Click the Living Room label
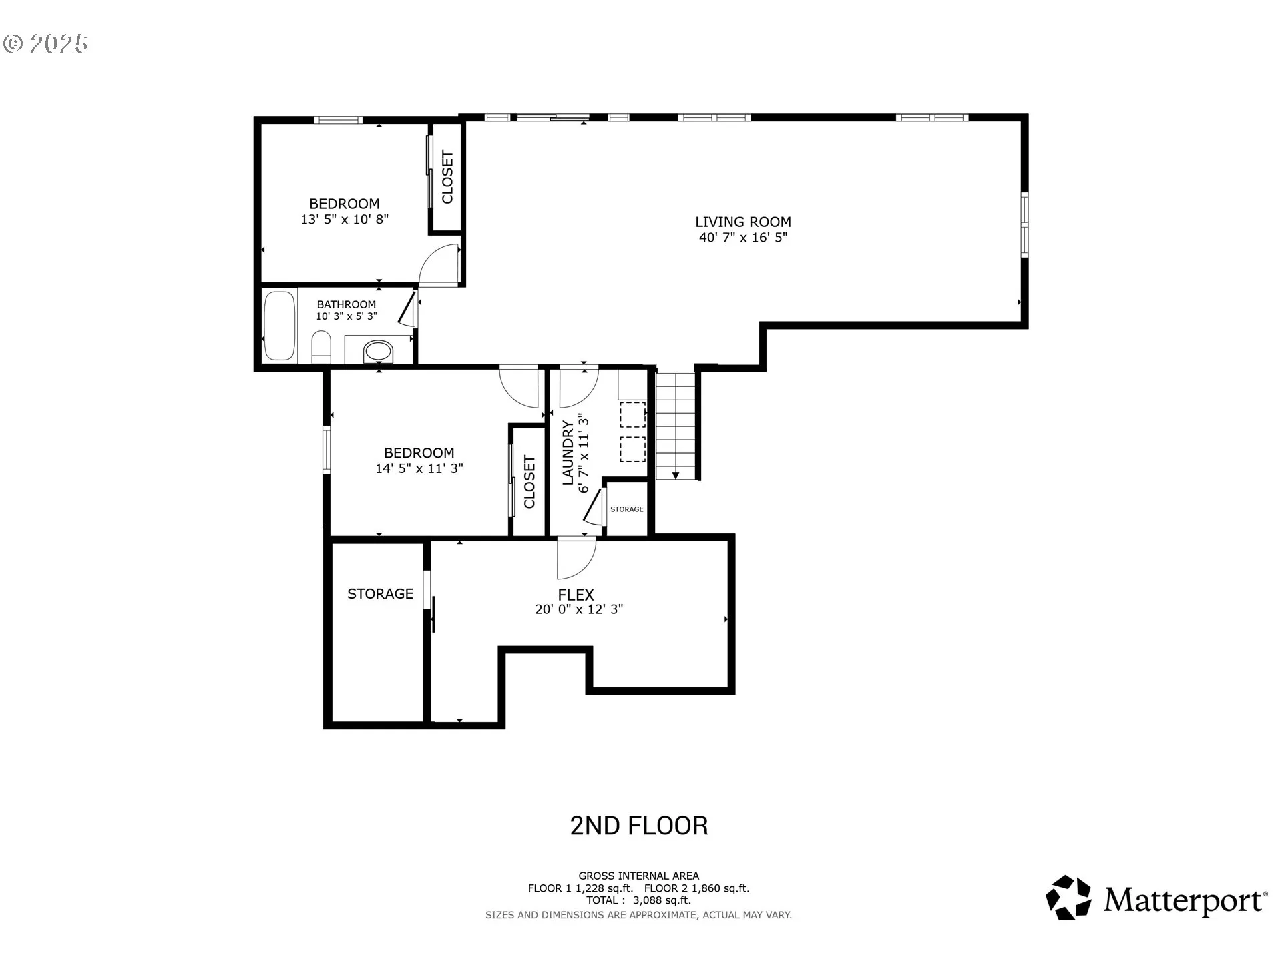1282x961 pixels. (743, 222)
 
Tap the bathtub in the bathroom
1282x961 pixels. (280, 326)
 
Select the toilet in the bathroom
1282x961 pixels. (321, 347)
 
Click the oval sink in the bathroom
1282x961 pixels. (378, 351)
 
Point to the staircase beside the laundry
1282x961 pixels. (676, 425)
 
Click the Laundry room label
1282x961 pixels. (568, 452)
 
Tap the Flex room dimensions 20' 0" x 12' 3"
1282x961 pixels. (579, 609)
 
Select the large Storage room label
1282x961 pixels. (380, 593)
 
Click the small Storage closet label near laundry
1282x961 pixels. (627, 509)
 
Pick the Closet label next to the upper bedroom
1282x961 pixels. (447, 177)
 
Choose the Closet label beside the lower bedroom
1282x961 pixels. (529, 482)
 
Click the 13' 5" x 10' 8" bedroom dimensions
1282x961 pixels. (345, 219)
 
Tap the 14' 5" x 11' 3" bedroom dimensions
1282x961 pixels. (419, 468)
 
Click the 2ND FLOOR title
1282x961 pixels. (639, 826)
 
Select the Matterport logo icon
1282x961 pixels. (1068, 898)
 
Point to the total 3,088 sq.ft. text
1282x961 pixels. (638, 900)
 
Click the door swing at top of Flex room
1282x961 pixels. (576, 558)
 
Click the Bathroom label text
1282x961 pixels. (346, 304)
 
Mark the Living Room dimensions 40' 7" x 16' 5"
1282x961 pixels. (743, 237)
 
